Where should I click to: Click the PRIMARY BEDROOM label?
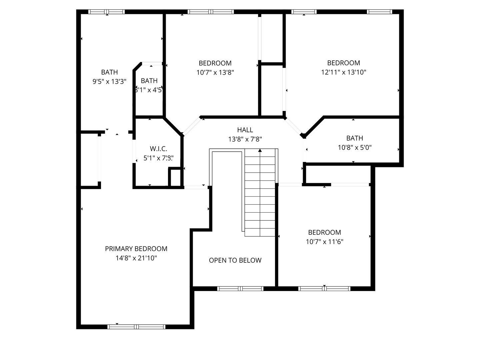[136, 249]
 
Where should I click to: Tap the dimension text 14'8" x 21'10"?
[136, 258]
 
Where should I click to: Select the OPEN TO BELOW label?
[235, 260]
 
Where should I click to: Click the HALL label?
[245, 130]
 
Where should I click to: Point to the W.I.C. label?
[158, 149]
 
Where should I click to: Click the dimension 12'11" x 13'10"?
[343, 72]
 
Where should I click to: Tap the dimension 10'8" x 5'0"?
[354, 147]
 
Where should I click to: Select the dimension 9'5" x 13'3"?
[109, 81]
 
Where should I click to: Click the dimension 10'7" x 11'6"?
[324, 242]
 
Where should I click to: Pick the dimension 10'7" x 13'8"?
[215, 72]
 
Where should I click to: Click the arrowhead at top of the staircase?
[260, 151]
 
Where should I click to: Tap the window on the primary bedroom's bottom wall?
[136, 327]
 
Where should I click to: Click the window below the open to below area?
[240, 289]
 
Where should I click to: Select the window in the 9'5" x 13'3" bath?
[107, 12]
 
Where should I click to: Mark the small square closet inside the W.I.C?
[175, 177]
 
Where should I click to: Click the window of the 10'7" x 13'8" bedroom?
[211, 12]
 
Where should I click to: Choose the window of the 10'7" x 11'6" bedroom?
[324, 289]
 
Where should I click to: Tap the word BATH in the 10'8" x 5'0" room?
[354, 138]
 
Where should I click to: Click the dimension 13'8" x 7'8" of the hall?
[245, 139]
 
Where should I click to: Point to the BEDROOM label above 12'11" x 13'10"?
[343, 63]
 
